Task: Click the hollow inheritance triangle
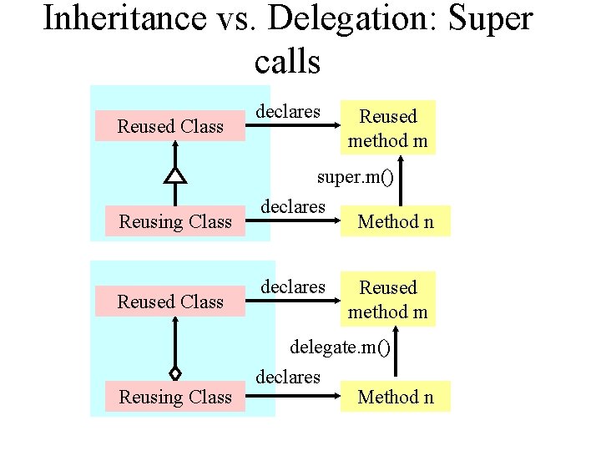click(174, 175)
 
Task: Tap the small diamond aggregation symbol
click(174, 373)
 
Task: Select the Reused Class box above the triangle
click(170, 126)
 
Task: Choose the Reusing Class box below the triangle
click(174, 221)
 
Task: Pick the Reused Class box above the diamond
click(170, 302)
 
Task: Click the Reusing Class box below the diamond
click(174, 397)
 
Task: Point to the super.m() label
click(355, 177)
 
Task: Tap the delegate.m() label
click(340, 346)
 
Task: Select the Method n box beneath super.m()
click(396, 221)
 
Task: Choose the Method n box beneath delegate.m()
click(396, 397)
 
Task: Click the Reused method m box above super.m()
click(387, 129)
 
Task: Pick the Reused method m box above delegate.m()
click(387, 300)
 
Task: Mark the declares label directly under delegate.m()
click(288, 377)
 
